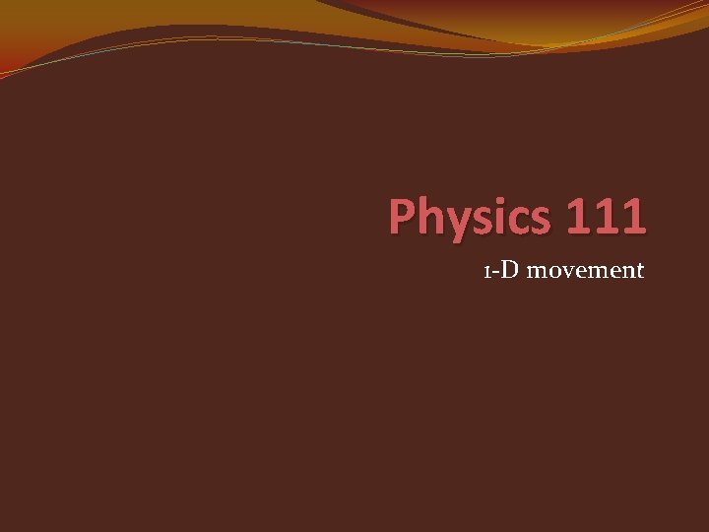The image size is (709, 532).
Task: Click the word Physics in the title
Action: coord(467,218)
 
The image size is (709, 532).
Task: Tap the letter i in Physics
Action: coord(494,217)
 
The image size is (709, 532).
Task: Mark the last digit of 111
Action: coord(632,217)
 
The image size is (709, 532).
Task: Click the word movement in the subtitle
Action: coord(585,270)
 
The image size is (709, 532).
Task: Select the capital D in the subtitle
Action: coord(508,269)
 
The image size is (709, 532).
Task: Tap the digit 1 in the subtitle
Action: coord(486,271)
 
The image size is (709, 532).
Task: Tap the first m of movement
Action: coord(535,272)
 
